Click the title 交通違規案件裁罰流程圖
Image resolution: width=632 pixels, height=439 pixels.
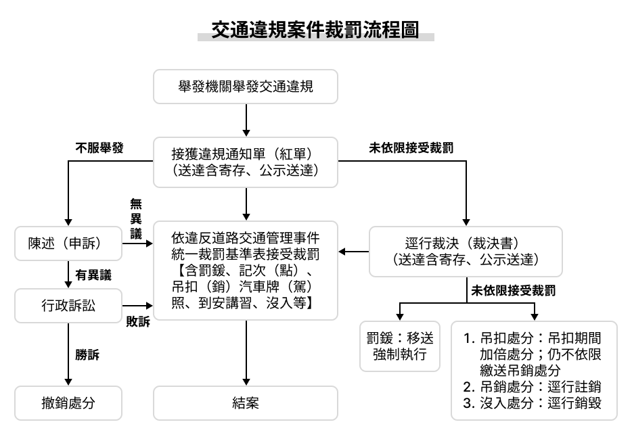tap(315, 30)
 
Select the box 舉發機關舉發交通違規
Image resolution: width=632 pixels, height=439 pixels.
tap(246, 86)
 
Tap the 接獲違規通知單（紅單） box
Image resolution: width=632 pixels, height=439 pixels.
tap(246, 162)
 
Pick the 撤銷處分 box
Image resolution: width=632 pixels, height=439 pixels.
tap(68, 403)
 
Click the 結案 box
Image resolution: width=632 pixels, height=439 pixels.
tap(246, 403)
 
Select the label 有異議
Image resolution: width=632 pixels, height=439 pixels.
tap(93, 275)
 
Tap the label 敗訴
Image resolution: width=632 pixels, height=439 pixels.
tap(137, 321)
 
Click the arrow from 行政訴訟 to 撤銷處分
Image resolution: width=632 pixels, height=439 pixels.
tap(68, 352)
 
